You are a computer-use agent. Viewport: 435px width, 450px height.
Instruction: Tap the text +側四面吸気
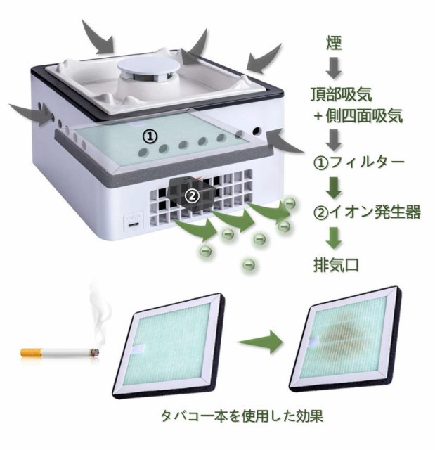(359, 116)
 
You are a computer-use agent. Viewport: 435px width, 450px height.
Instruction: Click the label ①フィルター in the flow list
(358, 163)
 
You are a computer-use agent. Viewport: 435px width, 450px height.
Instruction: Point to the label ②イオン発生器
(366, 212)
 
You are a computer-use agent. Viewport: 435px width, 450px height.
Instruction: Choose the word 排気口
(336, 265)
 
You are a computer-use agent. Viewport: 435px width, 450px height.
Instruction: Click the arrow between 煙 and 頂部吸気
(335, 66)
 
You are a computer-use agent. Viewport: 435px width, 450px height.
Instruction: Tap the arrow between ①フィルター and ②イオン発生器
(335, 187)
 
